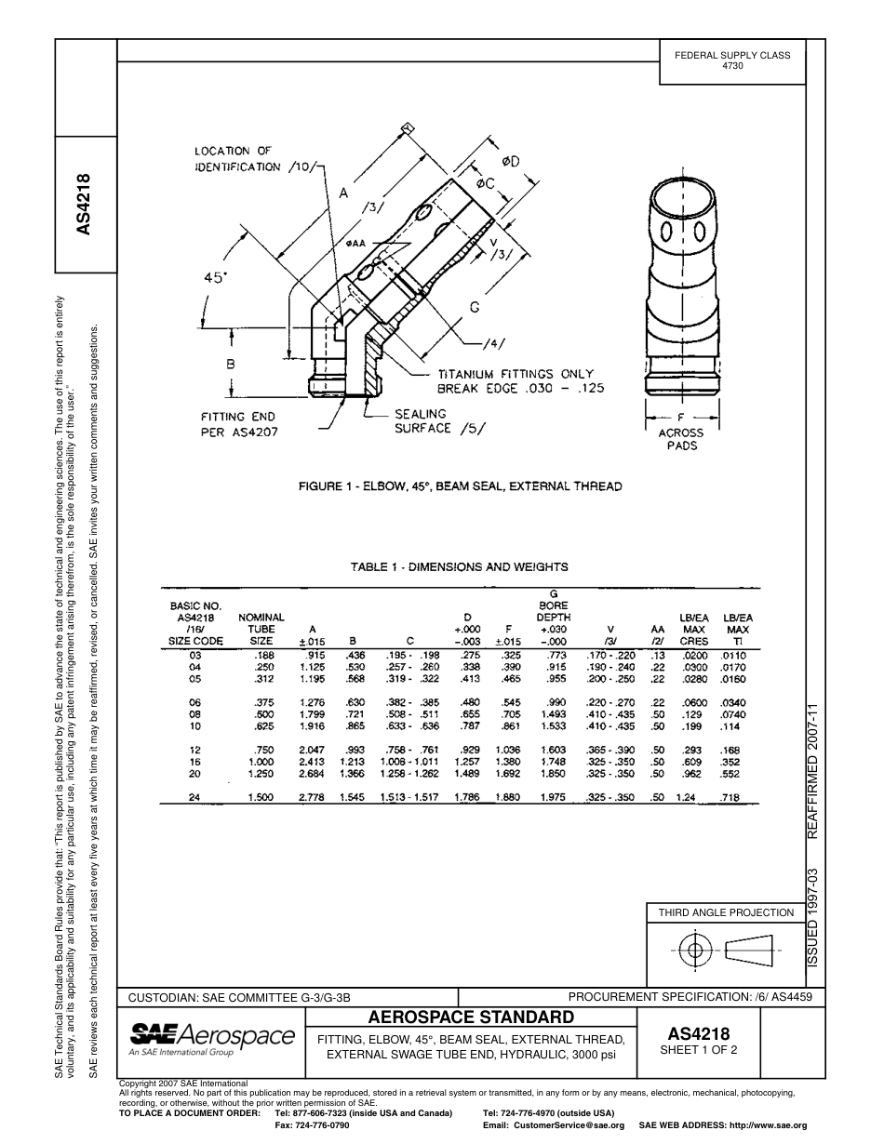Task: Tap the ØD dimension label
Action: point(510,162)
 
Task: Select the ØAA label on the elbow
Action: point(355,244)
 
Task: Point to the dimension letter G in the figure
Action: point(474,307)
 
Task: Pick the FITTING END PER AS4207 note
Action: point(239,424)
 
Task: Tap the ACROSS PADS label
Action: point(681,439)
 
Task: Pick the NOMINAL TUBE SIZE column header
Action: point(261,629)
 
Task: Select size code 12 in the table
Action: point(194,749)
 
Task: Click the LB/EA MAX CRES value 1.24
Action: point(686,797)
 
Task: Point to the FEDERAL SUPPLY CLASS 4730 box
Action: point(731,60)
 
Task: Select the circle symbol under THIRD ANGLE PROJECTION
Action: point(693,950)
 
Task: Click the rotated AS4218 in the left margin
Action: point(85,205)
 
